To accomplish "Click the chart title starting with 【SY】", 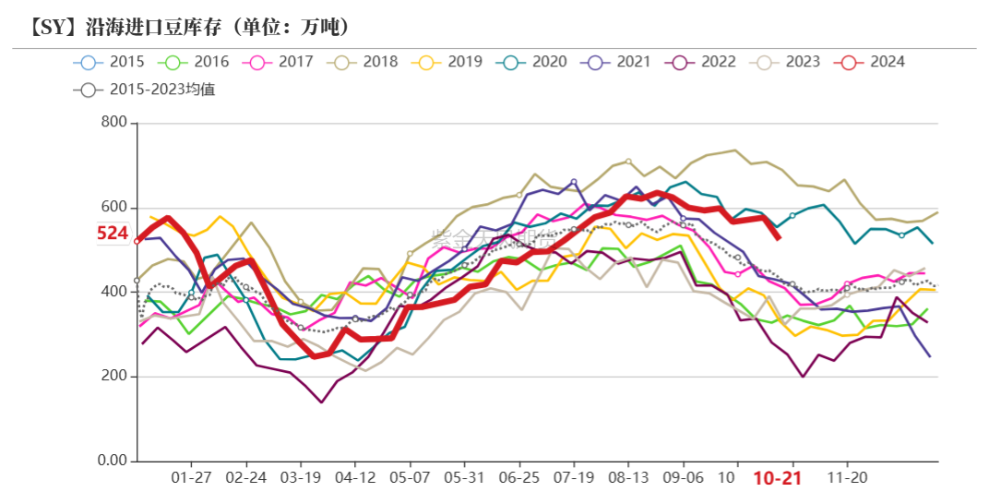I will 181,27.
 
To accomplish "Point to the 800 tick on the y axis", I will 114,123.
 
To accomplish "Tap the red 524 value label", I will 113,234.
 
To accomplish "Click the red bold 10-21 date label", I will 776,479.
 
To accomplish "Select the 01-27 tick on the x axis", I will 191,478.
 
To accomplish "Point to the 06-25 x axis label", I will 518,478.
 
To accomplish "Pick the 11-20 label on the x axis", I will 847,478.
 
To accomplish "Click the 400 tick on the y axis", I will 114,292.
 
